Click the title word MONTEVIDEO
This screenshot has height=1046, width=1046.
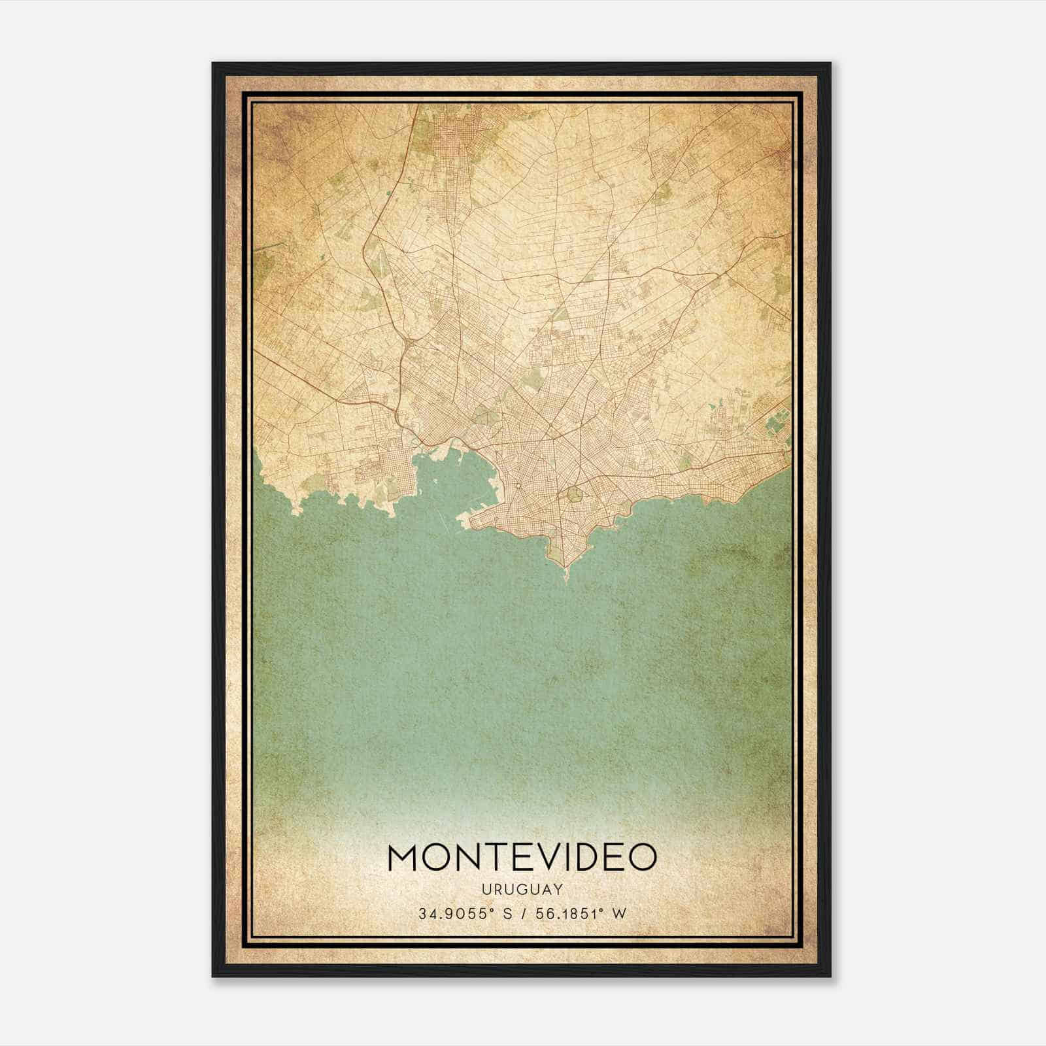(522, 857)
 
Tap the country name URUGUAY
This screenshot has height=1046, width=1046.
(522, 889)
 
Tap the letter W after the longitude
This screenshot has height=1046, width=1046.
(618, 914)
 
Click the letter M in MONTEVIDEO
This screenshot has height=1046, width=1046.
(404, 857)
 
